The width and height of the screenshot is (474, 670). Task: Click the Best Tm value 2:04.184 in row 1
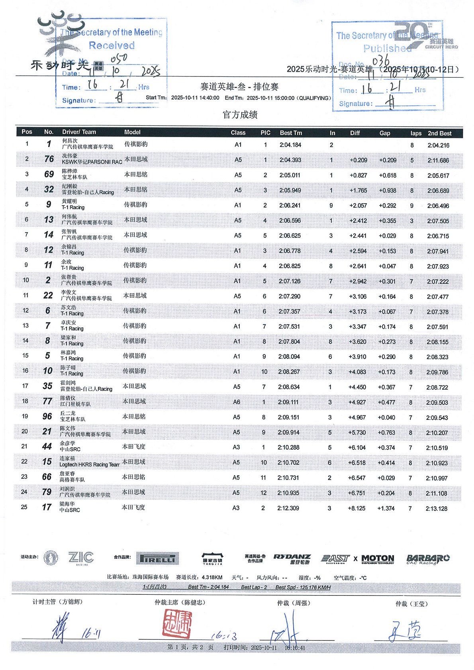pyautogui.click(x=290, y=145)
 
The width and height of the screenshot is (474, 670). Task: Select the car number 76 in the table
pyautogui.click(x=49, y=159)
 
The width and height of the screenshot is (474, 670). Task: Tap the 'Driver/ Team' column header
pyautogui.click(x=79, y=132)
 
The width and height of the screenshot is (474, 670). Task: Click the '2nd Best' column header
pyautogui.click(x=439, y=133)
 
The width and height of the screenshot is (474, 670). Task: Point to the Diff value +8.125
pyautogui.click(x=356, y=508)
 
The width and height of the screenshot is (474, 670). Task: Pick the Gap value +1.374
pyautogui.click(x=386, y=508)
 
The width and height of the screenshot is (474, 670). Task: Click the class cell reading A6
pyautogui.click(x=237, y=402)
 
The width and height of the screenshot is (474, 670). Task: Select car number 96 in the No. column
pyautogui.click(x=47, y=417)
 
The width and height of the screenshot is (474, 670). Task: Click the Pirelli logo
pyautogui.click(x=158, y=558)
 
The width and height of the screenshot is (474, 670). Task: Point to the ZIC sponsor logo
pyautogui.click(x=80, y=557)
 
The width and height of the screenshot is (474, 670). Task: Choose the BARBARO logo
pyautogui.click(x=427, y=558)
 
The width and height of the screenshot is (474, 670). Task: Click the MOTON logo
pyautogui.click(x=377, y=559)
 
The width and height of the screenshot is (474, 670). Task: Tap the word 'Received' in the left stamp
pyautogui.click(x=112, y=45)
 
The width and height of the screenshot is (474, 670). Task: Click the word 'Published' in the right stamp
pyautogui.click(x=387, y=49)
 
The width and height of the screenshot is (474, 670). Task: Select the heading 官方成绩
pyautogui.click(x=240, y=115)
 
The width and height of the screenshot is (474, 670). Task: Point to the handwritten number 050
pyautogui.click(x=119, y=59)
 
